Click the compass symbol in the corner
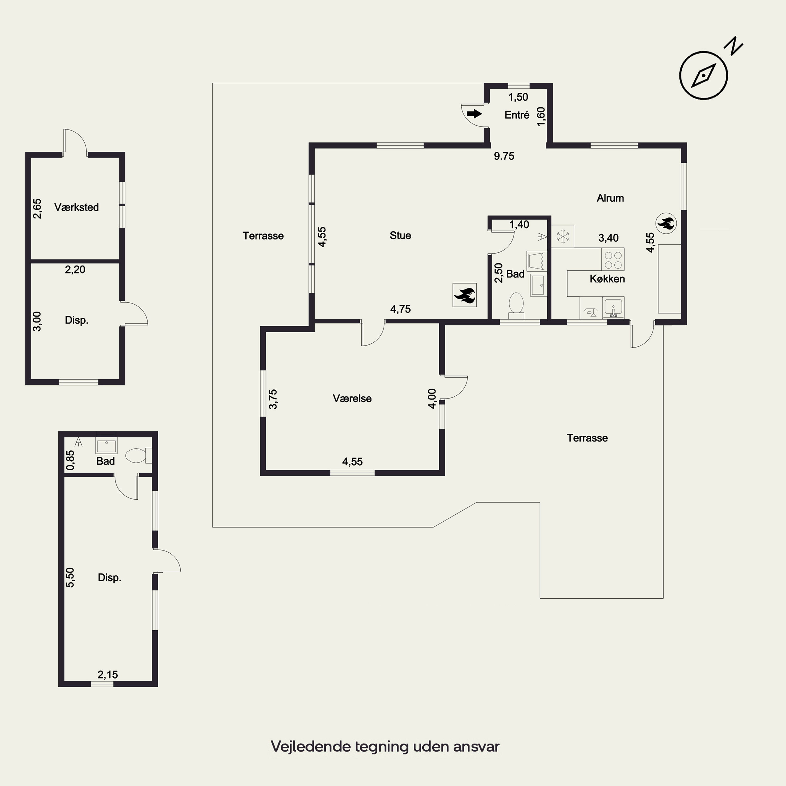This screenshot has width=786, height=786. [703, 75]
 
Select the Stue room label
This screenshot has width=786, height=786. [400, 236]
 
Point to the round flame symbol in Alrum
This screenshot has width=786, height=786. [666, 223]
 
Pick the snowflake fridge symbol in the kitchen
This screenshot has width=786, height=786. [563, 236]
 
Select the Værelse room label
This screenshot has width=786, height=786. [352, 399]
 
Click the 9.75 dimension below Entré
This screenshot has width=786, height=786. [504, 156]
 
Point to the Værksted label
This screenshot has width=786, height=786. [77, 208]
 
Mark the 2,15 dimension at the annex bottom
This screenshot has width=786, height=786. [108, 675]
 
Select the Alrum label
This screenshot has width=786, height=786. [610, 198]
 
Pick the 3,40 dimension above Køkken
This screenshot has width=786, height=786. [609, 238]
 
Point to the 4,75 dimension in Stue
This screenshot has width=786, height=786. [401, 309]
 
